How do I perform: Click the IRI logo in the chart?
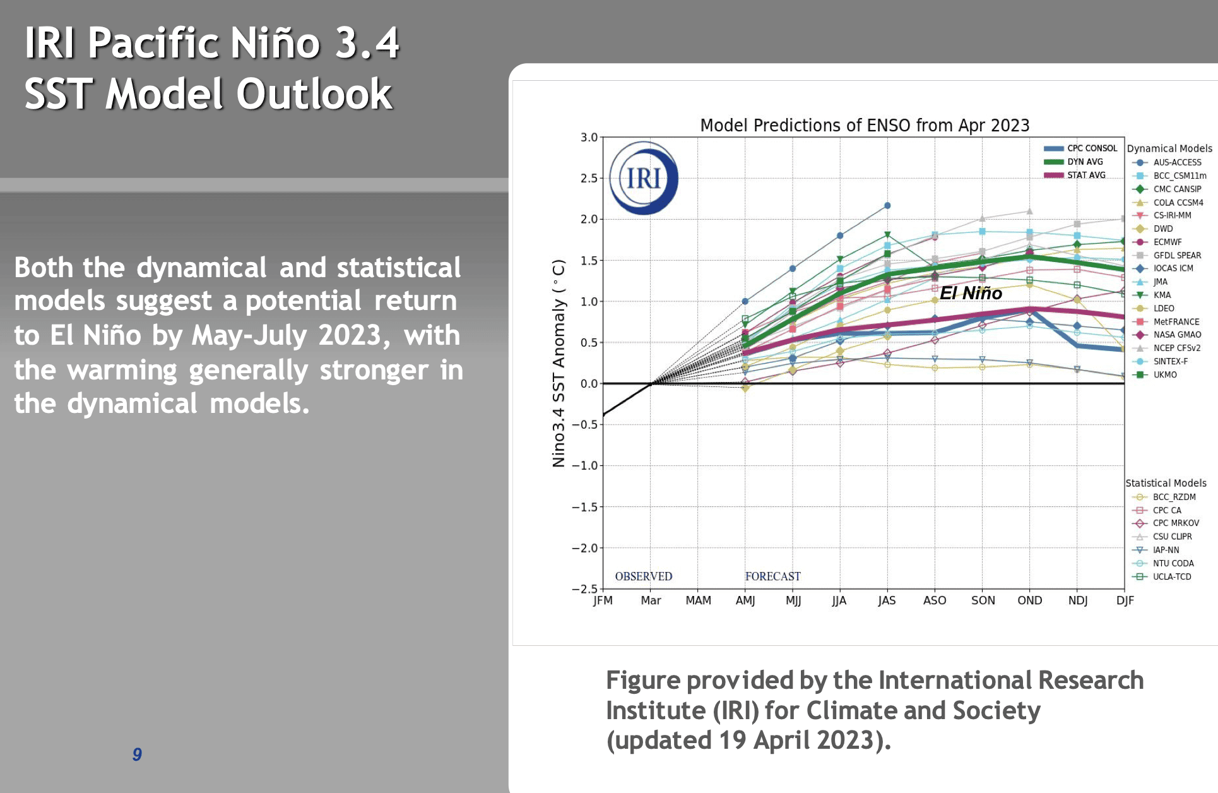tap(644, 178)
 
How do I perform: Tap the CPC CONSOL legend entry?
tap(1080, 148)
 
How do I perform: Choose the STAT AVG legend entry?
tap(1075, 175)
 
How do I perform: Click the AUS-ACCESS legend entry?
tap(1166, 162)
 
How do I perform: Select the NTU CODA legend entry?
tap(1162, 563)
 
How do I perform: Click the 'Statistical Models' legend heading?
tap(1166, 483)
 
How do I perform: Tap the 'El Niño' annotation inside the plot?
tap(971, 293)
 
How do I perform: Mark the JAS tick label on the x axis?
tap(887, 600)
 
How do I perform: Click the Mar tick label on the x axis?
tap(651, 600)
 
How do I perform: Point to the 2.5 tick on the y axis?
tap(589, 179)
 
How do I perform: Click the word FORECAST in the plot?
tap(772, 576)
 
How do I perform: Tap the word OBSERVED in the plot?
tap(644, 576)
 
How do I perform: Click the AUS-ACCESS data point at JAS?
tap(887, 206)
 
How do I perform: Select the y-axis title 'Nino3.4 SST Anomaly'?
tap(559, 363)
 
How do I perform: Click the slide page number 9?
tap(137, 754)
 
